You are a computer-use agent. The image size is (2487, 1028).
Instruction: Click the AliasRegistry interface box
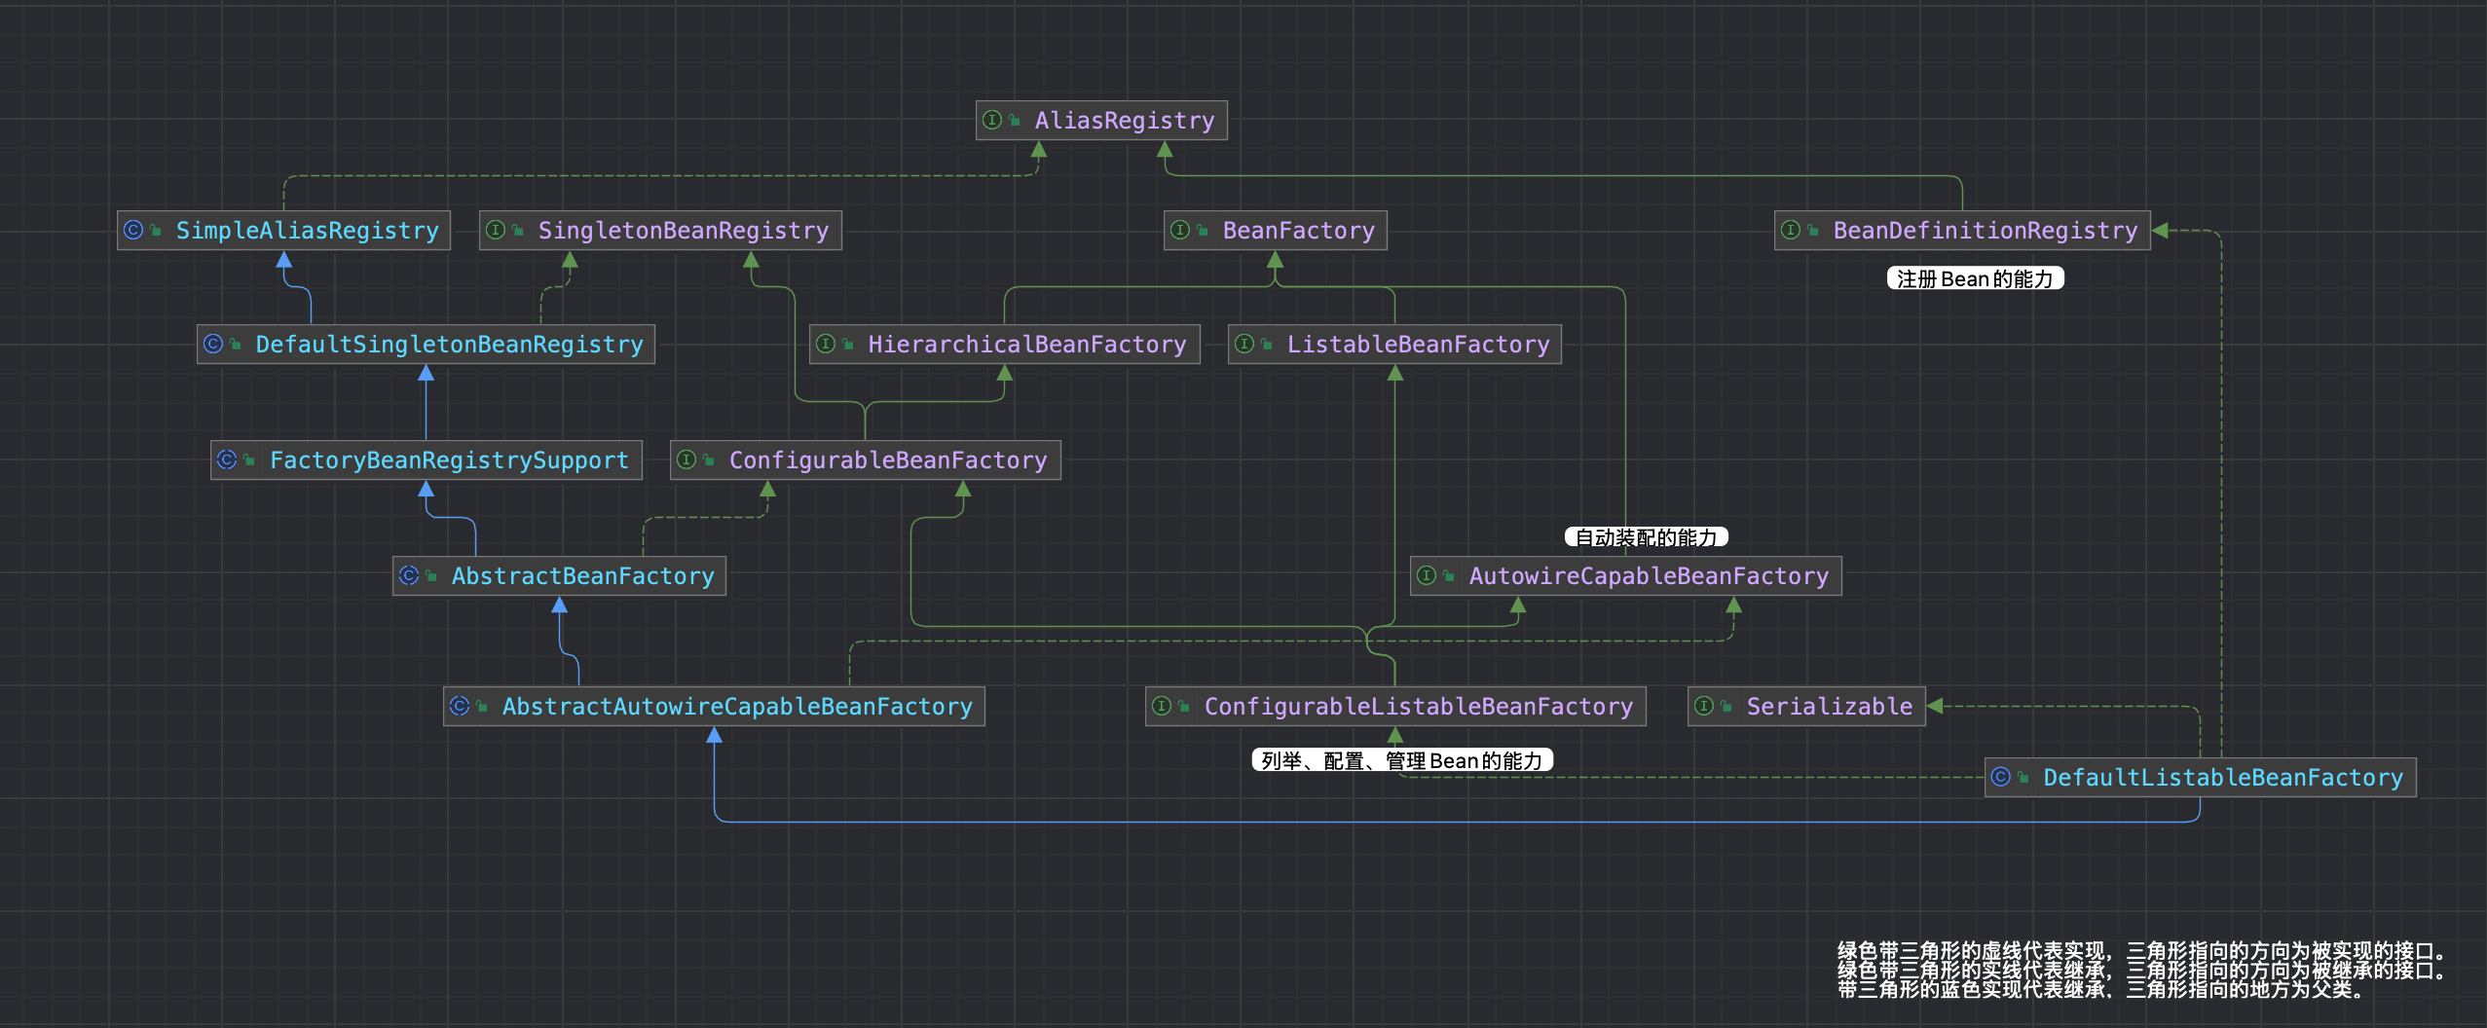tap(1101, 120)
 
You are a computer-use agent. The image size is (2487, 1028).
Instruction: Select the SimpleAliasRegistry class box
tap(283, 230)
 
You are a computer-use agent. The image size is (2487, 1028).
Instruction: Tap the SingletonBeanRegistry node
tap(660, 230)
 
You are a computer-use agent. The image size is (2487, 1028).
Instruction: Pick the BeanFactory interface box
tap(1276, 230)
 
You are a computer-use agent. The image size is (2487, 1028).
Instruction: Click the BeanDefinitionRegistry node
tap(1962, 230)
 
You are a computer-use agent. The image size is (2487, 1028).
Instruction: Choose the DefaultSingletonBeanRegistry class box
tap(426, 344)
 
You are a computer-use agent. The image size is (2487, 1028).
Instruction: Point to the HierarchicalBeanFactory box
tap(1005, 344)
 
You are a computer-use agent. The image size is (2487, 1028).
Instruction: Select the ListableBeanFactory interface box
tap(1395, 344)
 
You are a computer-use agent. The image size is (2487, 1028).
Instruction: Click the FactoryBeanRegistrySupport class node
tap(427, 459)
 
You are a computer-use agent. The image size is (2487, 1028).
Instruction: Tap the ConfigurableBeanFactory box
tap(866, 459)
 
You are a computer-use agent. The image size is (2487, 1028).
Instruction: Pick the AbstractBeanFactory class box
tap(559, 575)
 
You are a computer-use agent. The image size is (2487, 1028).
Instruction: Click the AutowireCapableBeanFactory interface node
tap(1626, 575)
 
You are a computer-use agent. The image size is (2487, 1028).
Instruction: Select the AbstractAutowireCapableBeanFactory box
tap(715, 706)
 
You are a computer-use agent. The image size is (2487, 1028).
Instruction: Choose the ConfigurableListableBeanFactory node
tap(1395, 706)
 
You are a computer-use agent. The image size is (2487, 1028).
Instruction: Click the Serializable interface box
tap(1806, 706)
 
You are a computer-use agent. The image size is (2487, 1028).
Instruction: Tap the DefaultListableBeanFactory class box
tap(2201, 777)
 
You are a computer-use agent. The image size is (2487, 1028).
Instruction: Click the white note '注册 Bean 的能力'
tap(1975, 278)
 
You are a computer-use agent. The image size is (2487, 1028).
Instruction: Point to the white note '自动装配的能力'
tap(1646, 537)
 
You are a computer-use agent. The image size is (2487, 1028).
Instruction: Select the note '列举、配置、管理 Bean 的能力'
tap(1402, 760)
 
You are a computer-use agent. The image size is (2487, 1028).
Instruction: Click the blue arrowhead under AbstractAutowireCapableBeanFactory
tap(715, 735)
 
